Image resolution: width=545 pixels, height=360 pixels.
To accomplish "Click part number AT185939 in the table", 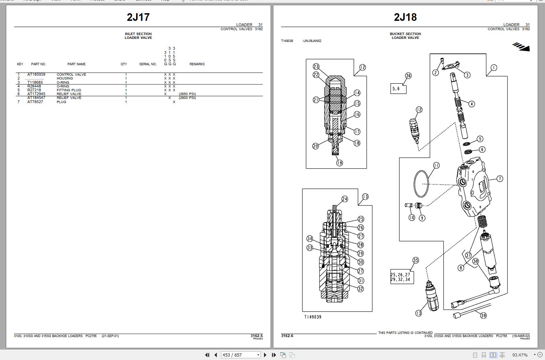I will click(36, 74).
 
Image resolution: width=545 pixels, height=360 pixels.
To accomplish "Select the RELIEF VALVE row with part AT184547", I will click(69, 98).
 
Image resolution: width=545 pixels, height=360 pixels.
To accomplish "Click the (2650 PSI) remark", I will click(187, 94).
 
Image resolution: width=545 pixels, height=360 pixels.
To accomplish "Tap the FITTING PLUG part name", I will click(69, 90).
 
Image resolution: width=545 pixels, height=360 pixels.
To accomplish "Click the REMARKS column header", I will click(197, 64).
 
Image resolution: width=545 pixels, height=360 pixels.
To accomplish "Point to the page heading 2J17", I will click(138, 17).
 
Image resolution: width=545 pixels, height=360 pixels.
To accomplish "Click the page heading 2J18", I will click(405, 17).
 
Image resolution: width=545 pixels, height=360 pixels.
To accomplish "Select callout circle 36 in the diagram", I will click(408, 76).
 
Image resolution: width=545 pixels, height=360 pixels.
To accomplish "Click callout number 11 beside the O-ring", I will click(436, 166).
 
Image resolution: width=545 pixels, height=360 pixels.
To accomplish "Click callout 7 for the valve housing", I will click(500, 179).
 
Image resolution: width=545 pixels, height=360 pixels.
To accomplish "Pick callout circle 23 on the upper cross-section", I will click(316, 67).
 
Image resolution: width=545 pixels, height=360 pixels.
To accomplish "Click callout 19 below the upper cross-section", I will click(339, 162).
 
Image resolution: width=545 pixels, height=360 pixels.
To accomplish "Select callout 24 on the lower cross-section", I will click(344, 199).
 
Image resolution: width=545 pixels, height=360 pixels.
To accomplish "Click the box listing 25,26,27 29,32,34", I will click(402, 277).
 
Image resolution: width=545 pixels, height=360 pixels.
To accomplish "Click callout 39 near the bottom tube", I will click(483, 315).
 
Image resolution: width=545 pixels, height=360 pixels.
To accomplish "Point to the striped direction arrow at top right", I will click(521, 47).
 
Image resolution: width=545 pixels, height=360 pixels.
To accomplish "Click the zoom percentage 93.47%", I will click(520, 355).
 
